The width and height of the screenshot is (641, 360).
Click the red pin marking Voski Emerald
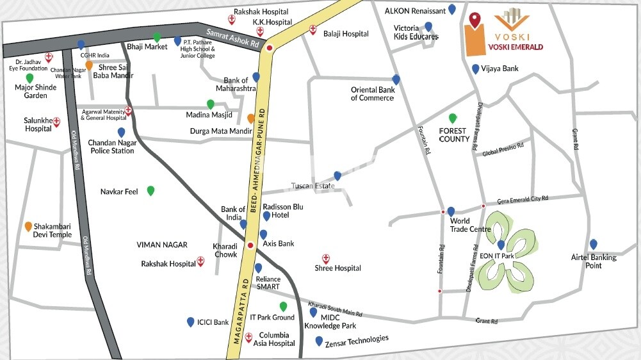[x=474, y=20]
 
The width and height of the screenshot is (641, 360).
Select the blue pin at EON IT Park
[x=501, y=244]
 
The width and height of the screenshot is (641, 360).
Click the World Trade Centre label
[x=470, y=225]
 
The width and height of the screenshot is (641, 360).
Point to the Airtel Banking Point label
[x=594, y=261]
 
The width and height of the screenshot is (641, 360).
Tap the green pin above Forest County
[x=453, y=118]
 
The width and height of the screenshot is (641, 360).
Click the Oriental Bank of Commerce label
[x=372, y=94]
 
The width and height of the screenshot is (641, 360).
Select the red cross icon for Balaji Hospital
[x=313, y=29]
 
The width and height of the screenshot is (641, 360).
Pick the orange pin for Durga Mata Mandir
[x=251, y=119]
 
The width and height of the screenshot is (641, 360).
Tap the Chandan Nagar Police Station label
[x=111, y=146]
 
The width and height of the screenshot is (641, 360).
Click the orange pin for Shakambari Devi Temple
[x=28, y=227]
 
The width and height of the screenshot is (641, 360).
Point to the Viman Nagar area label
[x=162, y=245]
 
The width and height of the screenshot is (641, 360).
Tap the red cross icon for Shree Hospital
[x=325, y=258]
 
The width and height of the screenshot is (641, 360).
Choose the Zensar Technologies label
[x=356, y=340]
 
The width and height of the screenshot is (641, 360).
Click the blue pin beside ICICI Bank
[x=190, y=322]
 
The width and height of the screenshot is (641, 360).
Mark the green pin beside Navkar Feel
[x=150, y=190]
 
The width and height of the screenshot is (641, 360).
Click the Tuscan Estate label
[x=313, y=186]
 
